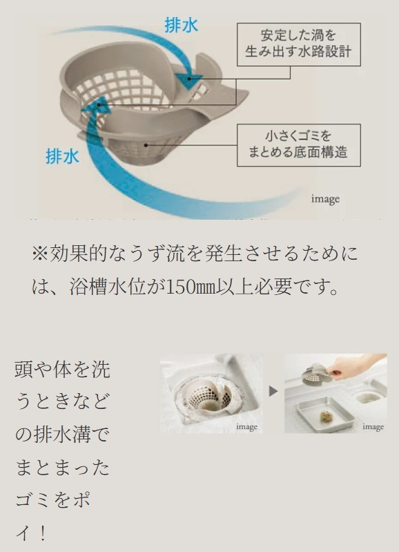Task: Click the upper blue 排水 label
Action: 182,26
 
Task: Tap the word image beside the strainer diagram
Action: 324,199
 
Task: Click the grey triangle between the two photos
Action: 273,391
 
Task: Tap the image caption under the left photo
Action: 246,427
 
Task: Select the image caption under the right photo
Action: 373,427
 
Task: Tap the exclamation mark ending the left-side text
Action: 42,534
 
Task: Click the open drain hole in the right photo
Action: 368,397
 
